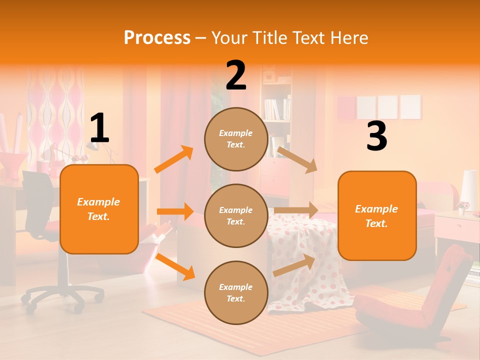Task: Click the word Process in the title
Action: tap(157, 38)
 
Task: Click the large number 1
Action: tap(99, 128)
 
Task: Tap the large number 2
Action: tap(236, 75)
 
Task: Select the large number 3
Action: tap(377, 136)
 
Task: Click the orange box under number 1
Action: tap(99, 209)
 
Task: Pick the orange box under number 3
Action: tap(377, 215)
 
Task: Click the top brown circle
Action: tap(236, 139)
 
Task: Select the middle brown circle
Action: tap(236, 215)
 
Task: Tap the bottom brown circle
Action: tap(236, 292)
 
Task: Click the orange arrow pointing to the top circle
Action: tap(173, 159)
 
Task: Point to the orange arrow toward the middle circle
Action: tap(175, 211)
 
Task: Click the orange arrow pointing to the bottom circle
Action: tap(175, 266)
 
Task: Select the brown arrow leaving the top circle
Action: tap(297, 159)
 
